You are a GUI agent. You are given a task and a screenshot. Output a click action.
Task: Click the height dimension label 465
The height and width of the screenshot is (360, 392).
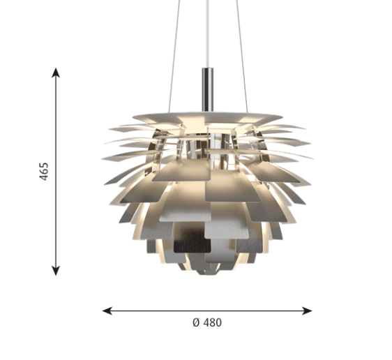(x=44, y=171)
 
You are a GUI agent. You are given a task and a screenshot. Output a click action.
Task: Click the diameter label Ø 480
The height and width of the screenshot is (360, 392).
(x=207, y=322)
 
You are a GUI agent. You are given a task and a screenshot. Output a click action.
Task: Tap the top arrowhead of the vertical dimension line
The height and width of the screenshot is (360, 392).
(x=56, y=72)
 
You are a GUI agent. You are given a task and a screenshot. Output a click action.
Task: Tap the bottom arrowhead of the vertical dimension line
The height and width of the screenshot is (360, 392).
(x=56, y=271)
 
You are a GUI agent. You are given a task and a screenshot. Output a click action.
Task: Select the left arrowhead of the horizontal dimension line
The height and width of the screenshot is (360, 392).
(x=107, y=310)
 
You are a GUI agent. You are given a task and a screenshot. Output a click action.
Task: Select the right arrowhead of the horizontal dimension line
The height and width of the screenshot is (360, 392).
(x=307, y=310)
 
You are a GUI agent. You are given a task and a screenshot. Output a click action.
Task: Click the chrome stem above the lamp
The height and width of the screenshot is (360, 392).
(x=208, y=89)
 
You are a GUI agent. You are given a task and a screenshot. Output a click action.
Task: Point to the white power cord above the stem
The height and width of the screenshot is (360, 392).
(x=207, y=33)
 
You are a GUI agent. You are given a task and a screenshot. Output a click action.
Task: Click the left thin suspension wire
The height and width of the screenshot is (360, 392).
(x=174, y=57)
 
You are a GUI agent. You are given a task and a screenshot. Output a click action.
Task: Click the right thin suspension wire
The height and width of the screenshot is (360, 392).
(x=242, y=57)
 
